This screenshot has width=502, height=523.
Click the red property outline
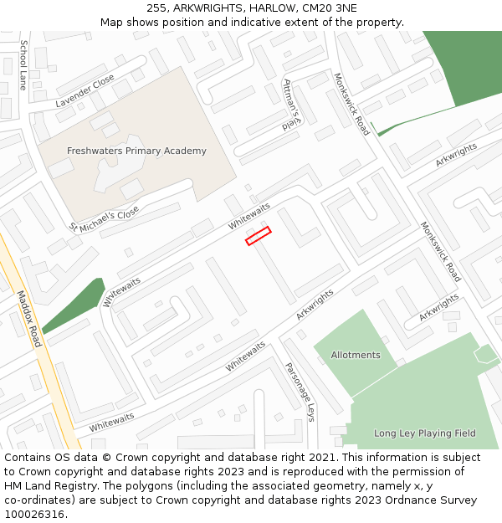[x=259, y=236]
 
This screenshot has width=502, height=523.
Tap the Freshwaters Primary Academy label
[x=136, y=151]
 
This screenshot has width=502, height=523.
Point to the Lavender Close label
[x=85, y=91]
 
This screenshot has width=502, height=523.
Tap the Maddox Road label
[x=29, y=319]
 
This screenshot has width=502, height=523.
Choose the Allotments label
[x=356, y=355]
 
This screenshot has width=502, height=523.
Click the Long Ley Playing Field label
[x=424, y=433]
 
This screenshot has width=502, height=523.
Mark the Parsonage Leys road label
[x=300, y=392]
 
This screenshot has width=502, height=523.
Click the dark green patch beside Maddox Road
[x=75, y=306]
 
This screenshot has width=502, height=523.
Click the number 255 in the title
[x=156, y=8]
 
